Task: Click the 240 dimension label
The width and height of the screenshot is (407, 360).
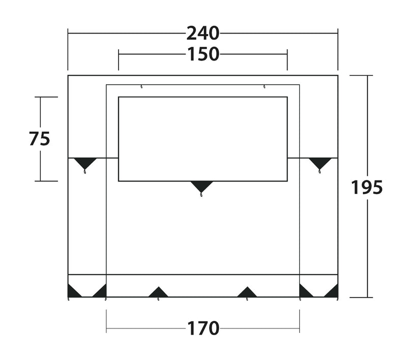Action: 202,33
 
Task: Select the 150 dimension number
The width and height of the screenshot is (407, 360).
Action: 202,54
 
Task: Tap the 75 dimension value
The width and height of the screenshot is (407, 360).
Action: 40,138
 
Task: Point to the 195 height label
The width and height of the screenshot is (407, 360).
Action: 367,188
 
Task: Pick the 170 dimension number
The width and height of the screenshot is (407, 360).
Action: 202,328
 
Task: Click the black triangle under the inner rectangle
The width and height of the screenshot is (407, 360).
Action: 201,187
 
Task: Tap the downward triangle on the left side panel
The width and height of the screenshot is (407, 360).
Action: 85,163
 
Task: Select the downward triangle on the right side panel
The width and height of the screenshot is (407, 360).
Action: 320,163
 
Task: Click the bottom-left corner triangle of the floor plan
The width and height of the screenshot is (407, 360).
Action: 73,292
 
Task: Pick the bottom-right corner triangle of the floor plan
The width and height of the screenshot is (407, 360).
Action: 332,292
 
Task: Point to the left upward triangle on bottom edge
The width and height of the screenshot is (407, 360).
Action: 158,292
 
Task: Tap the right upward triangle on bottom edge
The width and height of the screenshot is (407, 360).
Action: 247,292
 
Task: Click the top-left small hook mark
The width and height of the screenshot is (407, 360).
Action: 141,86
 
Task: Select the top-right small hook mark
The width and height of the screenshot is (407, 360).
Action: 264,86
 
